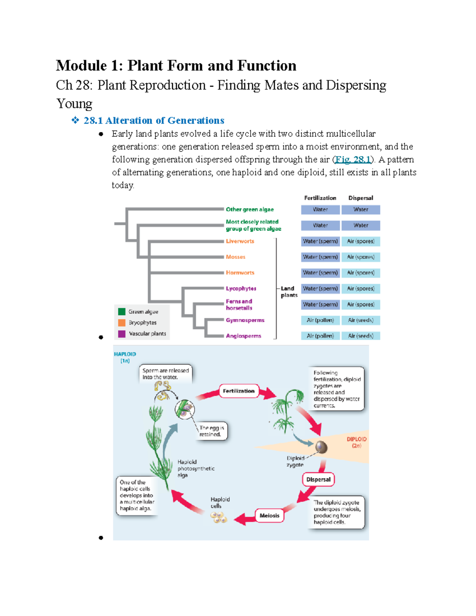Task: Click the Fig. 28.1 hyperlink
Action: (353, 159)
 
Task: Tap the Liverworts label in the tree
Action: (240, 241)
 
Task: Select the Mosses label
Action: (236, 257)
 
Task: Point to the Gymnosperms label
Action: (245, 320)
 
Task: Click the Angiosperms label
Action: (244, 336)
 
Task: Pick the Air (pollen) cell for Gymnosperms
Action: (320, 320)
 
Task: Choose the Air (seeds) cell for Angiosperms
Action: (361, 336)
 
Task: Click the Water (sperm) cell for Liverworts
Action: (320, 241)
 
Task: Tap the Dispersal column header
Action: (361, 198)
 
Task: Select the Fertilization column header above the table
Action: (320, 198)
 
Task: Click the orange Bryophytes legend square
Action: (122, 322)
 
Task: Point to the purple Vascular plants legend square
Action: (122, 334)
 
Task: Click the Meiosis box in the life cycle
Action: (269, 516)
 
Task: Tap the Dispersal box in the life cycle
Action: (318, 479)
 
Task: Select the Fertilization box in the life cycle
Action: (238, 391)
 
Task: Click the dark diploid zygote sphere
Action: (321, 447)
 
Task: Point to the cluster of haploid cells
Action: (219, 517)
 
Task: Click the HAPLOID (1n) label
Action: (125, 357)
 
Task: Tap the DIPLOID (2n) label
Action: (357, 442)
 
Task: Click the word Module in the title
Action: (81, 65)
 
